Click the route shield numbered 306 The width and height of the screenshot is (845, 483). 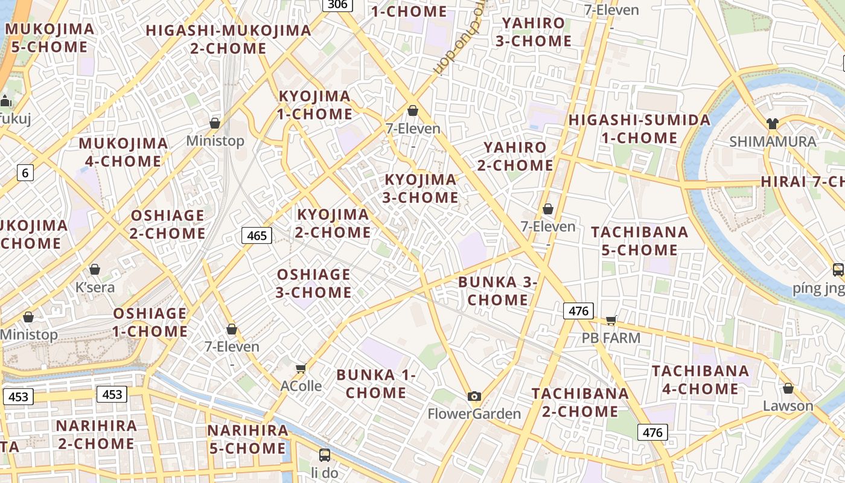(337, 4)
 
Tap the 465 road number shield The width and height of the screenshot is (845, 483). (257, 235)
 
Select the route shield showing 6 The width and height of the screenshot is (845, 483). (25, 173)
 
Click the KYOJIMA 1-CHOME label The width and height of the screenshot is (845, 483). (314, 105)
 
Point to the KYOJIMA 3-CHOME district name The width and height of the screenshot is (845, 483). (421, 188)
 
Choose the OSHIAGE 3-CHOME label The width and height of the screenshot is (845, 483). (314, 283)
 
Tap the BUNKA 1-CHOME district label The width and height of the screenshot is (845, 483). (376, 383)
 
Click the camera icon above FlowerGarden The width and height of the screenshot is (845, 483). (474, 396)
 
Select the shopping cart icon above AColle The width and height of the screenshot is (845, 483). (301, 368)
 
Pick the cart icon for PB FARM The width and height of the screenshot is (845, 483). (611, 320)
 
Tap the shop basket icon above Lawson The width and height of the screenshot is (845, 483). (788, 388)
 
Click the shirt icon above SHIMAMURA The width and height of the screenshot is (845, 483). (772, 124)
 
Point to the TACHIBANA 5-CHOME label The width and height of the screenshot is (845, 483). (640, 241)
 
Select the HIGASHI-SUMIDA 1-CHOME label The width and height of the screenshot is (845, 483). (639, 129)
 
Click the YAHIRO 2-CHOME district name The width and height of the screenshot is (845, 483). (515, 156)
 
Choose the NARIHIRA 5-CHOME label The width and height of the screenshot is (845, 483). (248, 439)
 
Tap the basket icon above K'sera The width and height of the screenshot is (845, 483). (95, 269)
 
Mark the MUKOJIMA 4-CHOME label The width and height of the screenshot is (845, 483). (123, 152)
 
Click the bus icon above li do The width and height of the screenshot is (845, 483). (325, 455)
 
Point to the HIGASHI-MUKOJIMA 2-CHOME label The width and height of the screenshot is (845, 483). (228, 39)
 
